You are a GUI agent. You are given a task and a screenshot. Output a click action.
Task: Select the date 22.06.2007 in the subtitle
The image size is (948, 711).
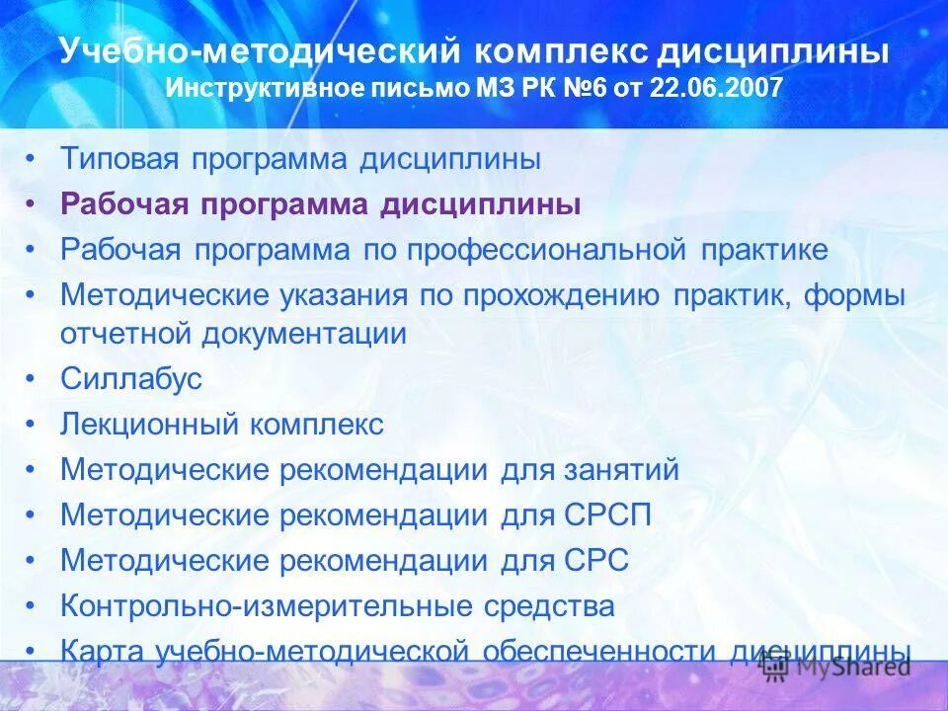tap(718, 88)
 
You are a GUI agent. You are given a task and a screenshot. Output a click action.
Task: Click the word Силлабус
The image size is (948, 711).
tap(131, 378)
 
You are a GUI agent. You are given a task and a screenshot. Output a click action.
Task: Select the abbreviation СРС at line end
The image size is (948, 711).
tap(595, 560)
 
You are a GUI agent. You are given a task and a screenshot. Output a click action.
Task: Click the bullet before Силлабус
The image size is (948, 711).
tap(34, 378)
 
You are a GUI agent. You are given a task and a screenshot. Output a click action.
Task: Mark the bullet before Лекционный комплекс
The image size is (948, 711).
tap(34, 425)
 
